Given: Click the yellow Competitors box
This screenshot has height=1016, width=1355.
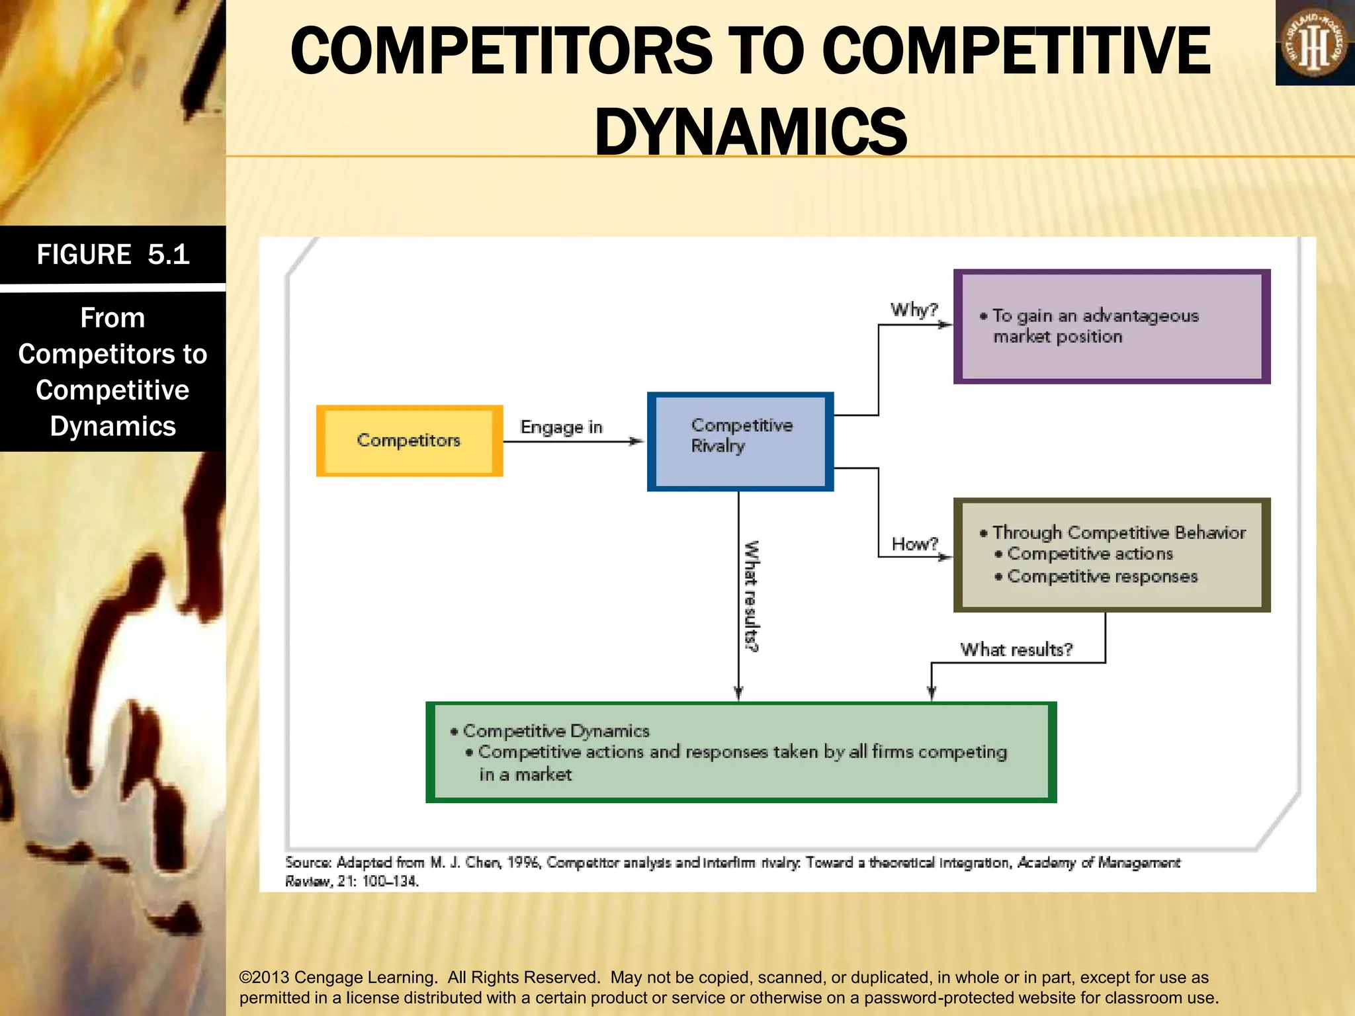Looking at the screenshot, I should pos(410,441).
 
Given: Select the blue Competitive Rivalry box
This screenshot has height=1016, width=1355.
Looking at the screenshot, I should pos(740,441).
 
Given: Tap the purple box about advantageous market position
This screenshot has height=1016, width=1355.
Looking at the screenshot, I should pos(1112,326).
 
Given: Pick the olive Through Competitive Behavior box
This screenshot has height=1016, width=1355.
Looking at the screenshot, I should pos(1112,554).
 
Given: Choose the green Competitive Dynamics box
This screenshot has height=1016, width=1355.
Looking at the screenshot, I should pos(740,752).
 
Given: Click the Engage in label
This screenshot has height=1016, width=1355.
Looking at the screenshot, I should pos(561,427).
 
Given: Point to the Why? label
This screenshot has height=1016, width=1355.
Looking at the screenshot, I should pos(914,310).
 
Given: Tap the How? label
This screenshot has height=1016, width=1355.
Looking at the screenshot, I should pos(914,544).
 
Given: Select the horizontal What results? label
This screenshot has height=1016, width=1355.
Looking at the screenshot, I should pos(1016,650).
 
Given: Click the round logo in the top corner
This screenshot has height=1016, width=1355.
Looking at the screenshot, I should pos(1315,44).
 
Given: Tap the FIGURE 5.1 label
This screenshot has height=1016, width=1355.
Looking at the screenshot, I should pos(113,255).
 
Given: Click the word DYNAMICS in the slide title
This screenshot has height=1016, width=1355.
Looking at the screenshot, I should pos(751,132).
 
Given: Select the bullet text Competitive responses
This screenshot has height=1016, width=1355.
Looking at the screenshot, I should pos(1102,577).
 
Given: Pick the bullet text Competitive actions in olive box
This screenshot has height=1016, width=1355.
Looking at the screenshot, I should pos(1090,554).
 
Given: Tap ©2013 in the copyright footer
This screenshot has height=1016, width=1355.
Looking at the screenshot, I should pos(264,977).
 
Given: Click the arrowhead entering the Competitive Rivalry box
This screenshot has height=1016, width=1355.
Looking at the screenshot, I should pos(636,441).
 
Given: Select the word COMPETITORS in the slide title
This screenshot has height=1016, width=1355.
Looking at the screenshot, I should pos(501,51).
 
